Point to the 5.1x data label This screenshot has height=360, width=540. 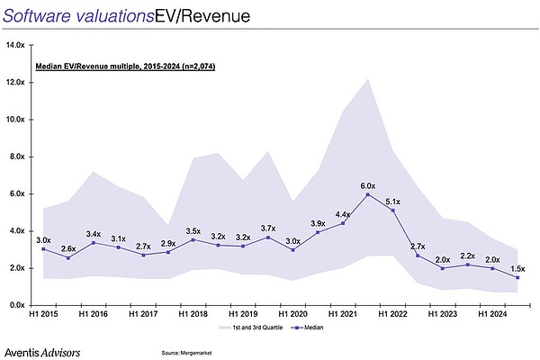pos(392,201)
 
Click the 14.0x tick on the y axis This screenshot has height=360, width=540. pos(16,44)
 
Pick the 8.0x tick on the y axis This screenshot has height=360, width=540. pos(18,156)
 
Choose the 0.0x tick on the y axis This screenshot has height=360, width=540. pos(18,305)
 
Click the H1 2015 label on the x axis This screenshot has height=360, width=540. pos(43,315)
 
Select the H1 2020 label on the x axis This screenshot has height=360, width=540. pos(292,315)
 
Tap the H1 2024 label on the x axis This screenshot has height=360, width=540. pos(493,315)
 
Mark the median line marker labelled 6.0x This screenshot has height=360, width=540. pos(368,194)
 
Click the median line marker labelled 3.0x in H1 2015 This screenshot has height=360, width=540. pos(43,249)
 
